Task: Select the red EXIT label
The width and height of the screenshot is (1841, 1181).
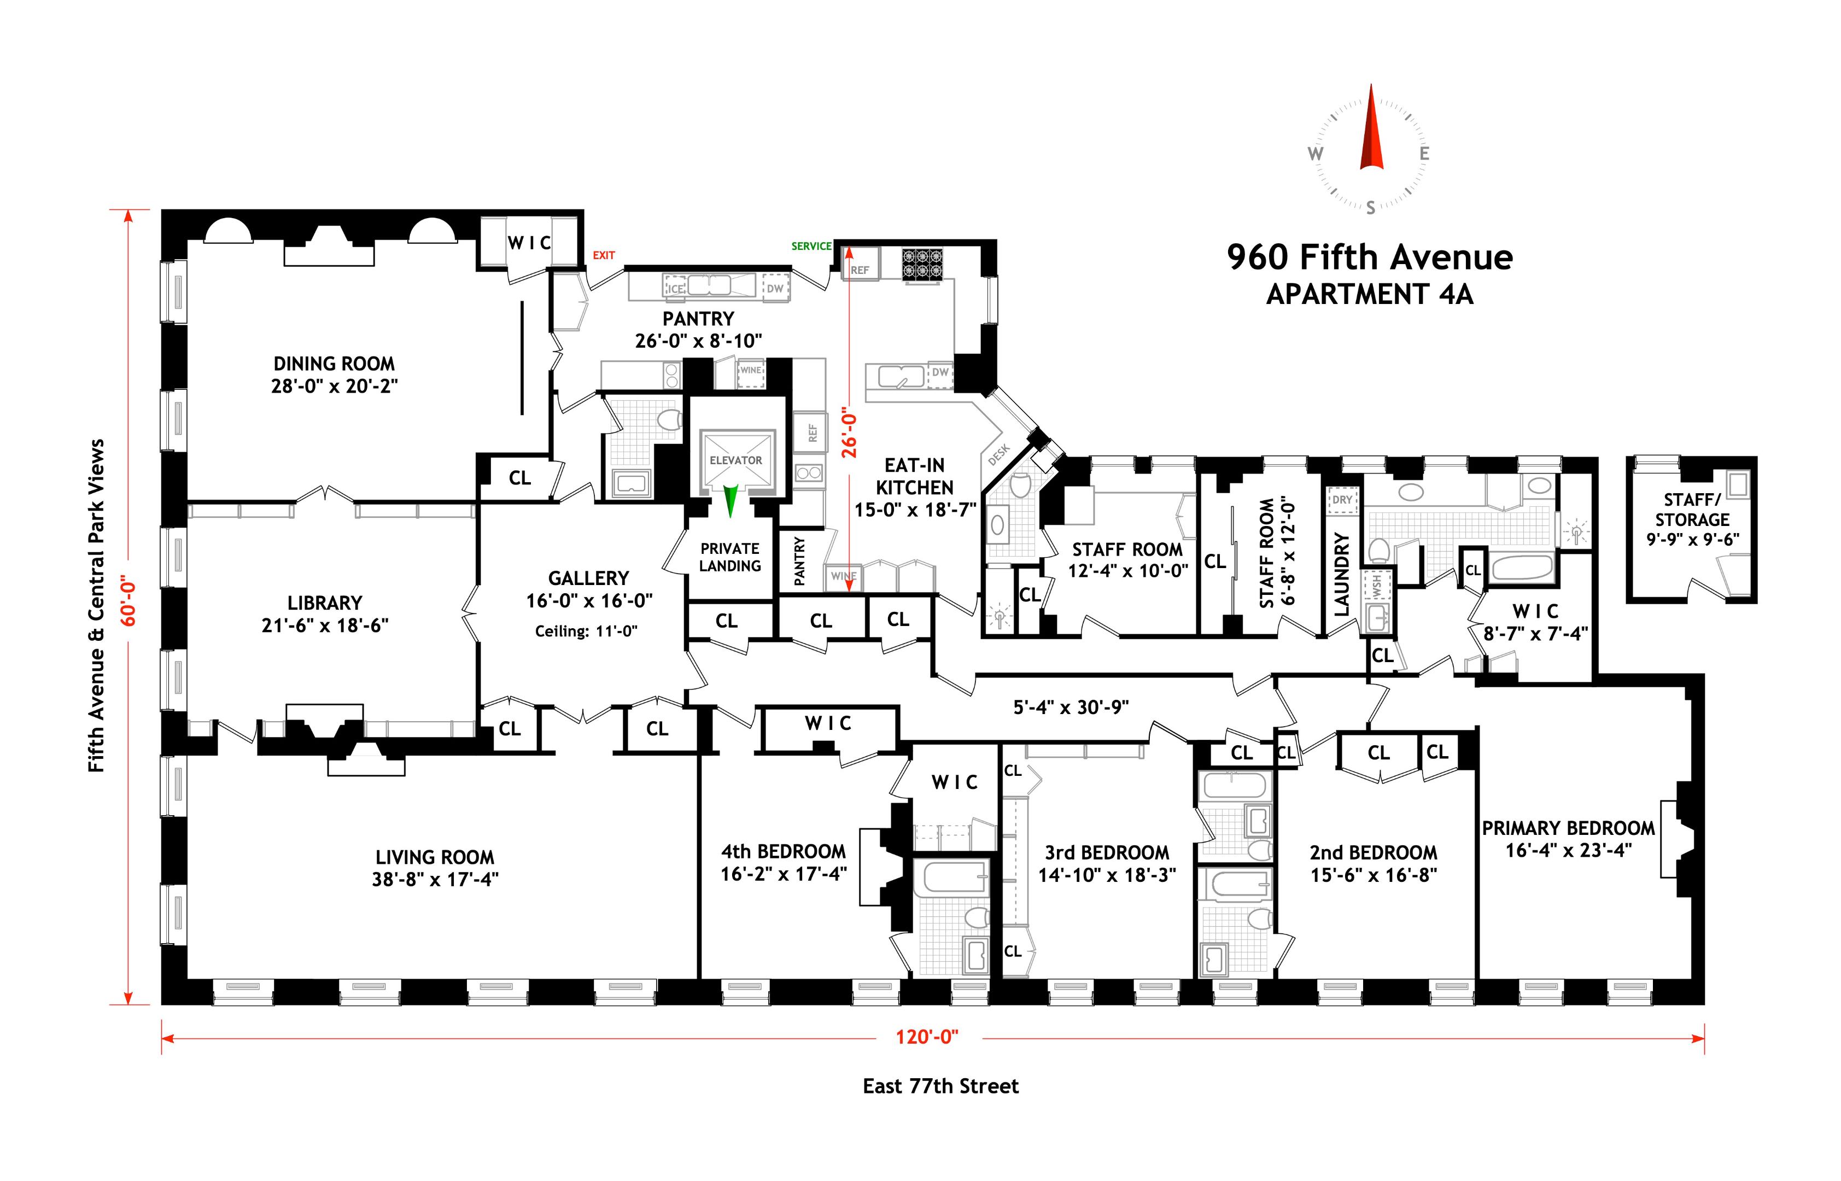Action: pyautogui.click(x=604, y=255)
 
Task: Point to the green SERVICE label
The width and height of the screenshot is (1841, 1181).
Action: pyautogui.click(x=811, y=246)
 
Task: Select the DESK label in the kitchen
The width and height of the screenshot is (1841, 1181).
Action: pyautogui.click(x=998, y=455)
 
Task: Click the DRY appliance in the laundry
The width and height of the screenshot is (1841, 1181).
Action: pyautogui.click(x=1342, y=500)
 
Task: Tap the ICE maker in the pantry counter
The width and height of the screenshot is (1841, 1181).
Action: pyautogui.click(x=675, y=288)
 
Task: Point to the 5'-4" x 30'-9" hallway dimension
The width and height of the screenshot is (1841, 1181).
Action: pyautogui.click(x=1071, y=707)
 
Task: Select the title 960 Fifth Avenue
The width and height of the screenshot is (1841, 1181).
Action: pyautogui.click(x=1370, y=258)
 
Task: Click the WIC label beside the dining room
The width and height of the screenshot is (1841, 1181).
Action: pyautogui.click(x=529, y=243)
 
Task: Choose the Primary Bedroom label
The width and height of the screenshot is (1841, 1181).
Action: pyautogui.click(x=1568, y=828)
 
